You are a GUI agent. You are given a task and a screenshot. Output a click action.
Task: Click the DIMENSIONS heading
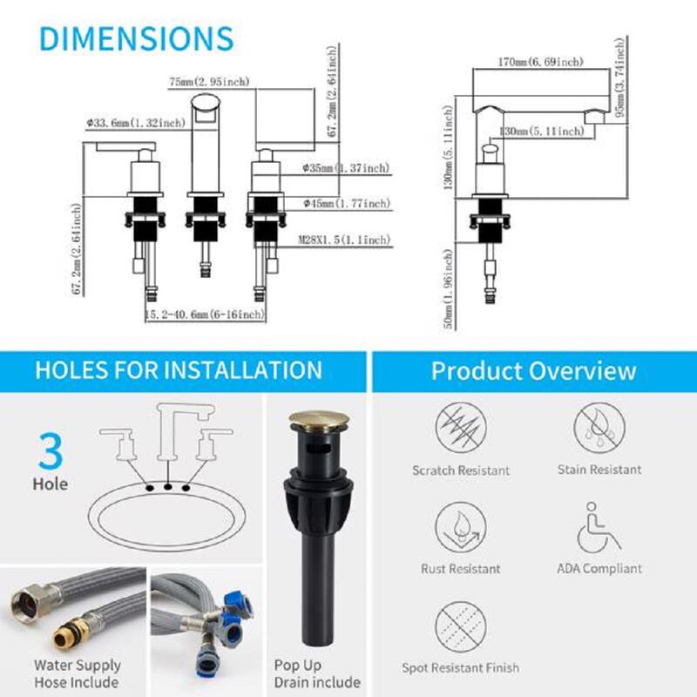[137, 38]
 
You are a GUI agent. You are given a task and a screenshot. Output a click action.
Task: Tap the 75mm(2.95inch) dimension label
[210, 82]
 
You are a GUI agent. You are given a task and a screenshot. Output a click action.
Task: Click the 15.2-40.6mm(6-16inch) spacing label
[205, 314]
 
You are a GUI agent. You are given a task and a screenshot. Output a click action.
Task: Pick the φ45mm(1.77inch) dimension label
[346, 204]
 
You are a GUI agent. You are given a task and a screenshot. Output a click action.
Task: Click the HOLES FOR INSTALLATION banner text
[179, 369]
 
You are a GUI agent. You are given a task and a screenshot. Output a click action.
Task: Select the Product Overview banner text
[533, 371]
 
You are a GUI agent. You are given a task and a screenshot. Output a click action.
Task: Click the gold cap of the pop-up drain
[318, 422]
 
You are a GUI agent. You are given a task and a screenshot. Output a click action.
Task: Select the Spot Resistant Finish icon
[460, 627]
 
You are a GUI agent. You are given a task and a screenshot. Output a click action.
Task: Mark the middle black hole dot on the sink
[165, 487]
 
